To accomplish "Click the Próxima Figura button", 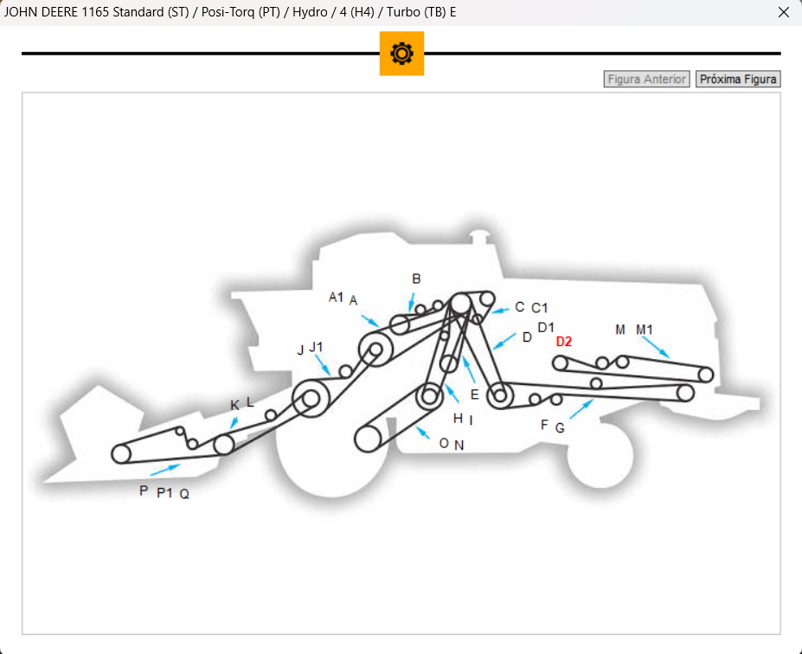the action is pos(738,80).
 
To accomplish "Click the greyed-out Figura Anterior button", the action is pos(646,80).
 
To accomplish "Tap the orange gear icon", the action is pos(401,53).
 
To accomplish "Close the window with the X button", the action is pos(783,12).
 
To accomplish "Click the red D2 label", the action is pos(564,342).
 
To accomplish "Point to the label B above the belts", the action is pos(416,279).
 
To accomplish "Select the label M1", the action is pos(644,330).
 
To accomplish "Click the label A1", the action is pos(336,297).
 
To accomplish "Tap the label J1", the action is pos(316,347).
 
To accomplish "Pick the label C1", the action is pos(540,308).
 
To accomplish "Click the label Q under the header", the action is pos(184,494).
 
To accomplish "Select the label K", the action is pos(234,406).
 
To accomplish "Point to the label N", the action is pos(459,446).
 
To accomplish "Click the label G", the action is pos(560,428).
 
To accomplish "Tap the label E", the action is pos(475,394).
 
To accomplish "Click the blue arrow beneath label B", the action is pos(411,302).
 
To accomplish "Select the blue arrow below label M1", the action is pos(656,347).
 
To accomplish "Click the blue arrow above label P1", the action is pos(165,470).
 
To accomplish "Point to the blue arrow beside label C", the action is pos(501,310).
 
